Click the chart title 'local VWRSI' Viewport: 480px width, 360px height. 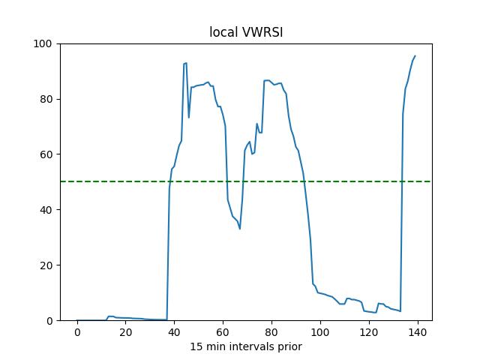click(x=245, y=33)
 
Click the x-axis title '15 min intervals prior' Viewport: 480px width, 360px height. click(x=245, y=346)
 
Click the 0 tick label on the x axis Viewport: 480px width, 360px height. click(x=77, y=332)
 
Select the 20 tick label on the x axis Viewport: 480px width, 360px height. click(x=126, y=332)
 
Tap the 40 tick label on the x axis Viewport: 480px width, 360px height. click(x=175, y=332)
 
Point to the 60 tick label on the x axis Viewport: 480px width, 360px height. click(x=223, y=332)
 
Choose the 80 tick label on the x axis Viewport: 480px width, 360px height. click(x=271, y=332)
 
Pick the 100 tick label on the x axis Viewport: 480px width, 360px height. click(x=320, y=332)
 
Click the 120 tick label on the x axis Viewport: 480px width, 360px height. click(x=369, y=332)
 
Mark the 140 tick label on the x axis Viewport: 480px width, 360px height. click(x=418, y=332)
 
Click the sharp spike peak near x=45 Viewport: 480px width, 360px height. click(x=186, y=63)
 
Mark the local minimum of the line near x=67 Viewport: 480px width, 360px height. click(x=240, y=229)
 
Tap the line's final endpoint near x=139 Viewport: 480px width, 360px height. click(x=415, y=56)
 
